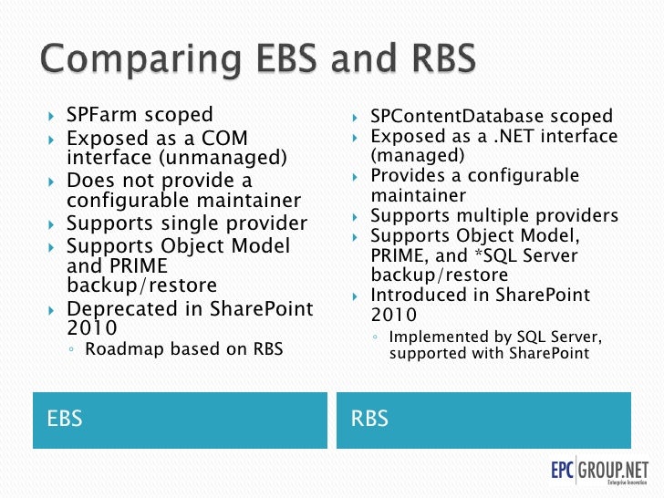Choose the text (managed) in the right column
pos(410,156)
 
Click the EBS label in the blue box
pos(65,419)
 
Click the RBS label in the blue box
pos(369,419)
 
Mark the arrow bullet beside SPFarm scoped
pos(52,116)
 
